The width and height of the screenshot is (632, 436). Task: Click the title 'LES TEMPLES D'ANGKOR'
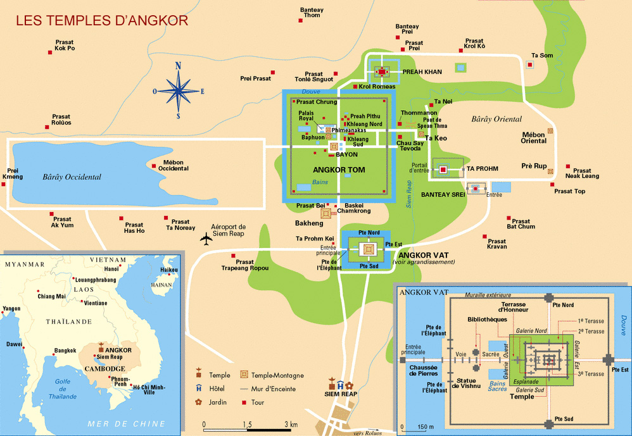point(102,20)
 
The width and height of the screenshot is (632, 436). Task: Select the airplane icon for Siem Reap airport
point(206,239)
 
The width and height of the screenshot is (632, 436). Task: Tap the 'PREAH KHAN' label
point(422,72)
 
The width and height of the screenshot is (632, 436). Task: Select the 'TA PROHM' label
point(483,170)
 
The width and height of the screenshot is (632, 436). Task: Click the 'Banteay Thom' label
point(312,13)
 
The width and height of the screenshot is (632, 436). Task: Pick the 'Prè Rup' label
point(534,166)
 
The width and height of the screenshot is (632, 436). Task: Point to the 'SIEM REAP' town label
point(340,394)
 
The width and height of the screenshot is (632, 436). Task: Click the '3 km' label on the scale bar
point(291,424)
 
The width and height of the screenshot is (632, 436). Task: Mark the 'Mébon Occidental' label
point(174,166)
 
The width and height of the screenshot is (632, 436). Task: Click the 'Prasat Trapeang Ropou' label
point(244,265)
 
